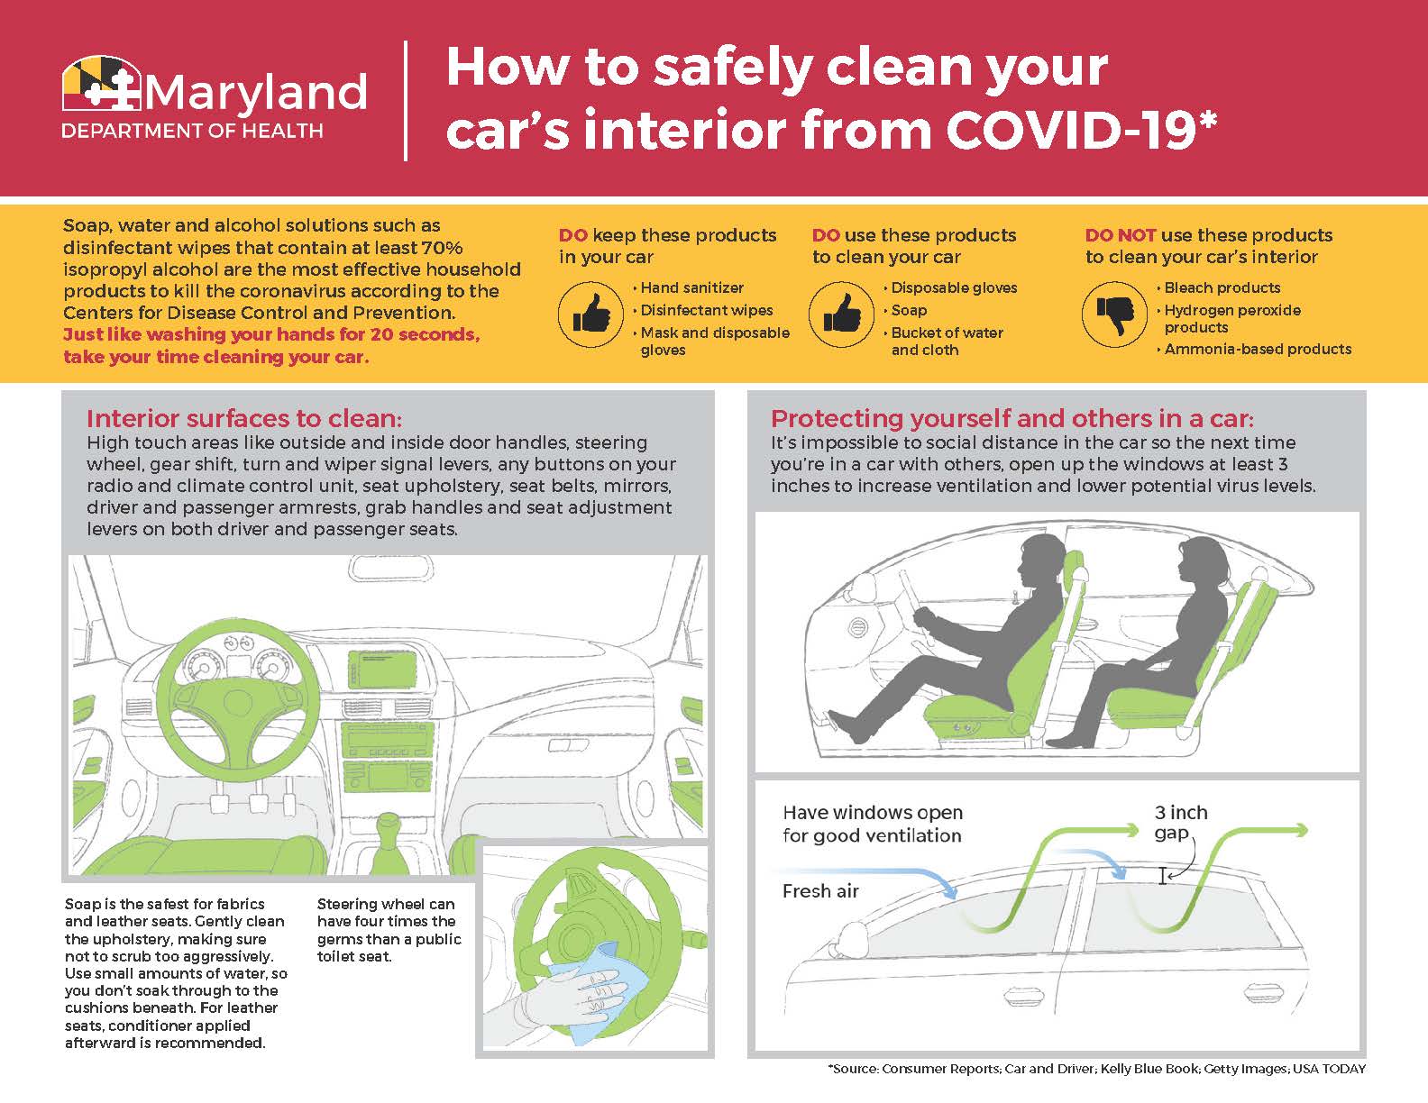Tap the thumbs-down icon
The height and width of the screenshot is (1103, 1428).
[1113, 314]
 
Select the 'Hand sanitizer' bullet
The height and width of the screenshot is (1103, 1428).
[691, 287]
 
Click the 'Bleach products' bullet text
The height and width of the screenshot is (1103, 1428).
[1222, 287]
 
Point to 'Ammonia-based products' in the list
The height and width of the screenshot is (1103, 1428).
[1257, 349]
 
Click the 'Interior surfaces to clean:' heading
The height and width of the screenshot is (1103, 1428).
[243, 418]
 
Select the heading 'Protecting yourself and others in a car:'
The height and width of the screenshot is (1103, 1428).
[1011, 418]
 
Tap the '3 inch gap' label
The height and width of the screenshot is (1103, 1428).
[1180, 822]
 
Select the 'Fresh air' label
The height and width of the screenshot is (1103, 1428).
[820, 891]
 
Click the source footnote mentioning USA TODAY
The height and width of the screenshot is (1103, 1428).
[1096, 1069]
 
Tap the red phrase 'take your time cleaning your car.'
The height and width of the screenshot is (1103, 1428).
[216, 357]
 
